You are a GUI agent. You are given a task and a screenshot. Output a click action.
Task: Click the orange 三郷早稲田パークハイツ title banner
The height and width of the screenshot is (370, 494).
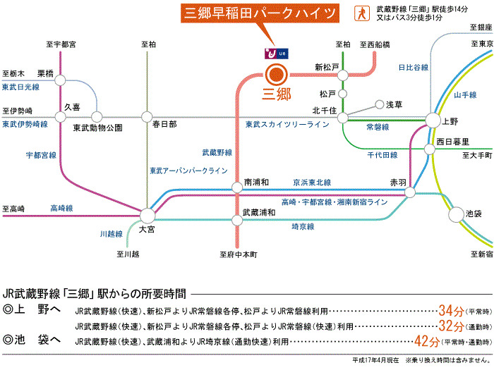click(260, 13)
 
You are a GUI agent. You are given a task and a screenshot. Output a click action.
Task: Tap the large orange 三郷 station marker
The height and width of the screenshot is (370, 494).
click(276, 73)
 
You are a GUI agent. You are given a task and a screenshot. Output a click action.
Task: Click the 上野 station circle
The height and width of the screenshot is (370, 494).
click(432, 121)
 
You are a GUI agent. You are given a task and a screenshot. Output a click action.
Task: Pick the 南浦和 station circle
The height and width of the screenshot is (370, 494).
click(237, 187)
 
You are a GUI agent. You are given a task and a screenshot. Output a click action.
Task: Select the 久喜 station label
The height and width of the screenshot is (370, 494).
click(73, 106)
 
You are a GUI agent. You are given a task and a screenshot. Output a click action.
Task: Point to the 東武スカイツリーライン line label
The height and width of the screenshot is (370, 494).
click(287, 125)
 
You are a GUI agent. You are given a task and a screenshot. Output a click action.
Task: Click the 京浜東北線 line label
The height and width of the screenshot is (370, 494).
click(312, 182)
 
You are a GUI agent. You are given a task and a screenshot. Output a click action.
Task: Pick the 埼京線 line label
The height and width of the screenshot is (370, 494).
click(303, 227)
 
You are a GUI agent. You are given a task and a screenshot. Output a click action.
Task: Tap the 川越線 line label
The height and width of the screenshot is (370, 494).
click(111, 233)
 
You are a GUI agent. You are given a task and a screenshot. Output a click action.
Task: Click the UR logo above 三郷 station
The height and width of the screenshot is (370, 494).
click(275, 53)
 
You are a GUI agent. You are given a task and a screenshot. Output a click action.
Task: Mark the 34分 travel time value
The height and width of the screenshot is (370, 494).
click(450, 310)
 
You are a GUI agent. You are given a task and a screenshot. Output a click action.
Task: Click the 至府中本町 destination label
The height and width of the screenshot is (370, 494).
click(239, 254)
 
